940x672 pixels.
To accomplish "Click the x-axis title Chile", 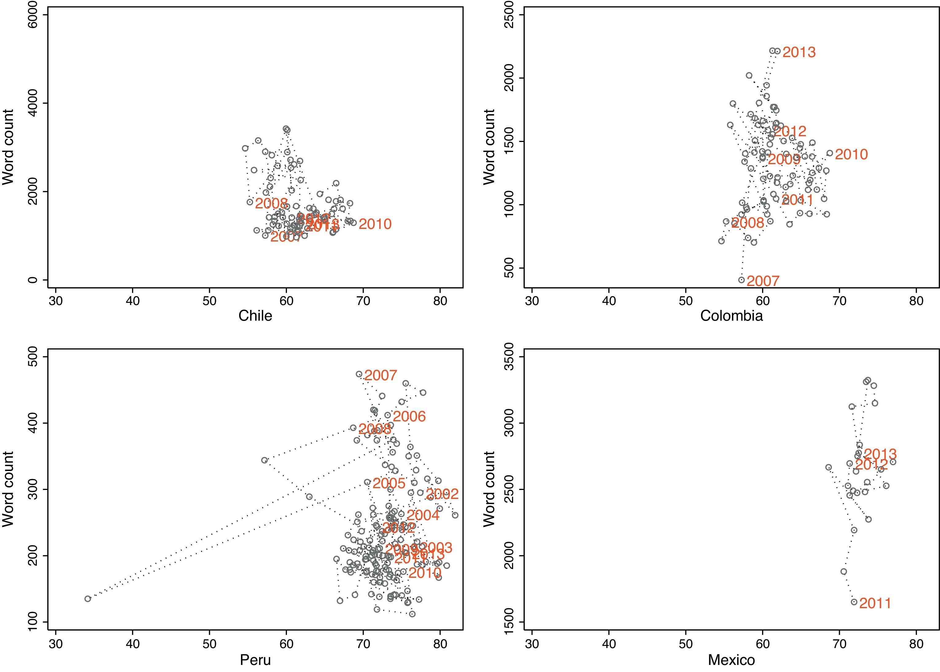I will [x=255, y=316].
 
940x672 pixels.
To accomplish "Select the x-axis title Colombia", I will [x=732, y=316].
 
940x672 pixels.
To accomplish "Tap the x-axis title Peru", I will [x=255, y=660].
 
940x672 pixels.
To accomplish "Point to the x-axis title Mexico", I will [x=732, y=660].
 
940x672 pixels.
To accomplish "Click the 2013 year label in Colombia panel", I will [x=799, y=64].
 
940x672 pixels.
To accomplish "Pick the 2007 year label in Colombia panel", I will [x=763, y=281].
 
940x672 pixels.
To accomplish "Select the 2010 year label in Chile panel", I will [x=375, y=224].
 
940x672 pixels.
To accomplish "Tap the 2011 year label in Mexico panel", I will [x=875, y=603].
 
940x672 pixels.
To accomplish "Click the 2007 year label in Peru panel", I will [x=381, y=375].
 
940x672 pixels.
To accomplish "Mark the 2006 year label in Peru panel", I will [x=409, y=416].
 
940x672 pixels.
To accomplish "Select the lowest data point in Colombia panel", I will [x=741, y=280].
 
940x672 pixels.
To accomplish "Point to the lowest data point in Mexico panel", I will [x=854, y=602].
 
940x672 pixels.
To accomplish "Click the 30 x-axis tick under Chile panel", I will [x=56, y=301].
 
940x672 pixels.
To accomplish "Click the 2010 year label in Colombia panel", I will [x=851, y=154].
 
